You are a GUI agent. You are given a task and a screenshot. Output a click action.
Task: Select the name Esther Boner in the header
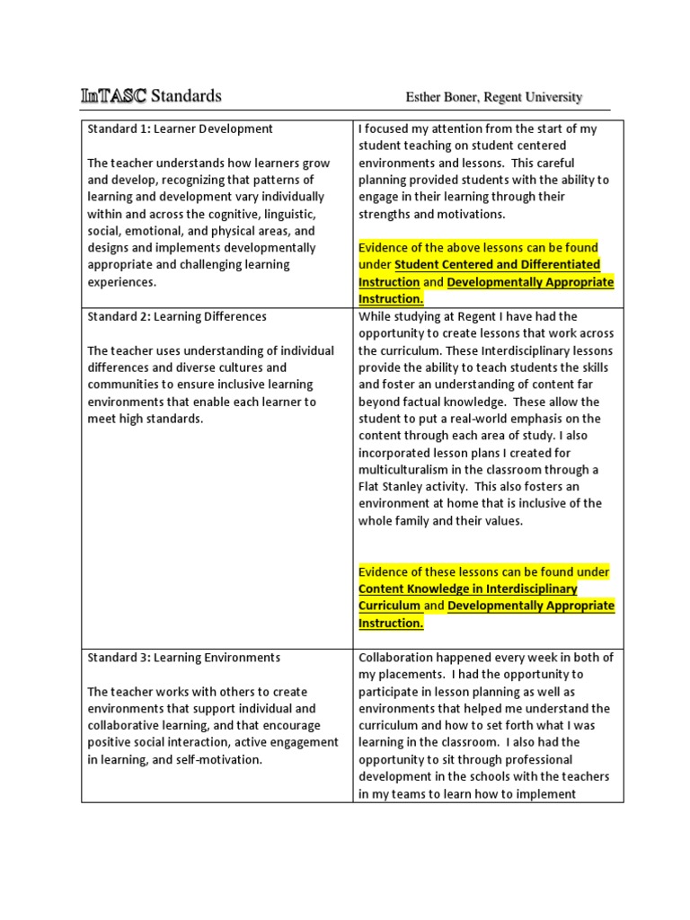pyautogui.click(x=443, y=97)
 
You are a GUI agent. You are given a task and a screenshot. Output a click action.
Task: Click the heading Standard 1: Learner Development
pyautogui.click(x=180, y=128)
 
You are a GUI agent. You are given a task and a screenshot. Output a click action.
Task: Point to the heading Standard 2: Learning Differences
pyautogui.click(x=177, y=316)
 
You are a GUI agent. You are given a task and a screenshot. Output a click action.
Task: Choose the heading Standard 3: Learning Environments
pyautogui.click(x=184, y=658)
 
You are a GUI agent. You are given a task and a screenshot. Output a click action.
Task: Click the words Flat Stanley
pyautogui.click(x=393, y=487)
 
